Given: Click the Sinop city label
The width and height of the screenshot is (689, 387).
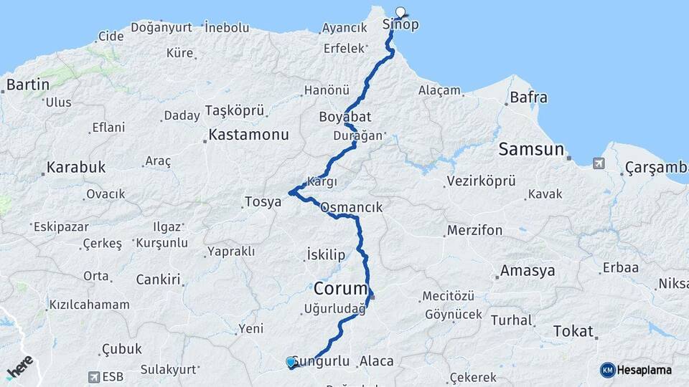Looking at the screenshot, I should click(x=400, y=24).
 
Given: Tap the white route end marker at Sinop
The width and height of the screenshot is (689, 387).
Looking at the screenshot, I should click(x=400, y=11).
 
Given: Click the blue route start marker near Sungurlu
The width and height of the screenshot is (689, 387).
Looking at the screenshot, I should click(x=291, y=362).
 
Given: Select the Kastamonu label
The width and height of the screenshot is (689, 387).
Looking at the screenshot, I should click(x=248, y=135).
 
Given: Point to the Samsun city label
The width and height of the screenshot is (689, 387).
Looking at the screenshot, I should click(x=531, y=149).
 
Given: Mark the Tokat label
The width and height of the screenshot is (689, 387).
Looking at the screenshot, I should click(x=573, y=331).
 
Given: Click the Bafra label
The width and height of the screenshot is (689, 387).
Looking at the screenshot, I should click(x=528, y=97).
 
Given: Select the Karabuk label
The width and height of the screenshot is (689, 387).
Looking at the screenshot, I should click(x=75, y=168).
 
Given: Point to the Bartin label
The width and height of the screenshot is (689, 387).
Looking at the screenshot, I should click(x=27, y=85).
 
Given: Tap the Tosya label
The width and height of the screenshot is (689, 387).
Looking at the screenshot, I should click(x=263, y=202).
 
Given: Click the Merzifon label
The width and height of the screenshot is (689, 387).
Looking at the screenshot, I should click(x=474, y=231).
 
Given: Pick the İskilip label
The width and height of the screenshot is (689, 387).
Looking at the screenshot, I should click(x=326, y=255).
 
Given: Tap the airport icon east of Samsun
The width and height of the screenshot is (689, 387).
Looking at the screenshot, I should click(x=599, y=163).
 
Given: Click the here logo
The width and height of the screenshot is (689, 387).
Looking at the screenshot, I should click(x=19, y=367).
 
